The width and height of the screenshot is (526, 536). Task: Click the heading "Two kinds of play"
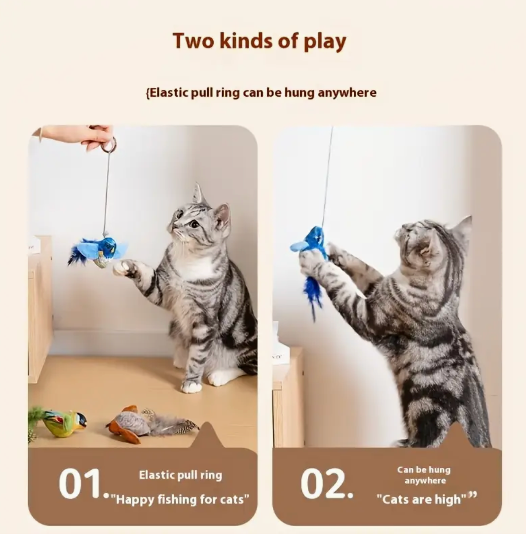click(x=260, y=41)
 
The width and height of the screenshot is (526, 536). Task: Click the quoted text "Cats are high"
click(x=422, y=499)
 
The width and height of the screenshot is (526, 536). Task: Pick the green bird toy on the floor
click(x=57, y=422)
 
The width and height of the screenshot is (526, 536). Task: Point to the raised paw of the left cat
click(x=126, y=268)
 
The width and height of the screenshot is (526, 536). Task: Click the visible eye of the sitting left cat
click(x=195, y=224)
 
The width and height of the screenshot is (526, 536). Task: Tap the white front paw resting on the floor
click(x=191, y=386)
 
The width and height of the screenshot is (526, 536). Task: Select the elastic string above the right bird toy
click(x=328, y=176)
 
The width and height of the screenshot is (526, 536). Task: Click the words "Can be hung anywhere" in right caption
click(x=424, y=475)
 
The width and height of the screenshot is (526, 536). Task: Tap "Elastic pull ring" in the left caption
click(x=181, y=475)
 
